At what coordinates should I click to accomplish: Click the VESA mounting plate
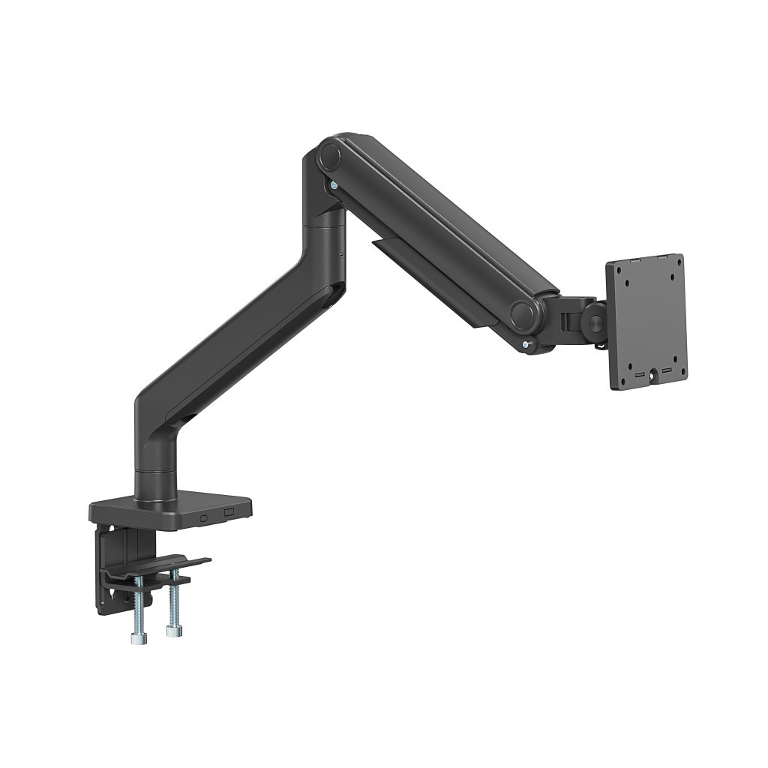point(646,322)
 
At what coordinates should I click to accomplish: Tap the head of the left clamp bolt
point(137,638)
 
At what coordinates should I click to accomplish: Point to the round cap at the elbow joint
point(328,157)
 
